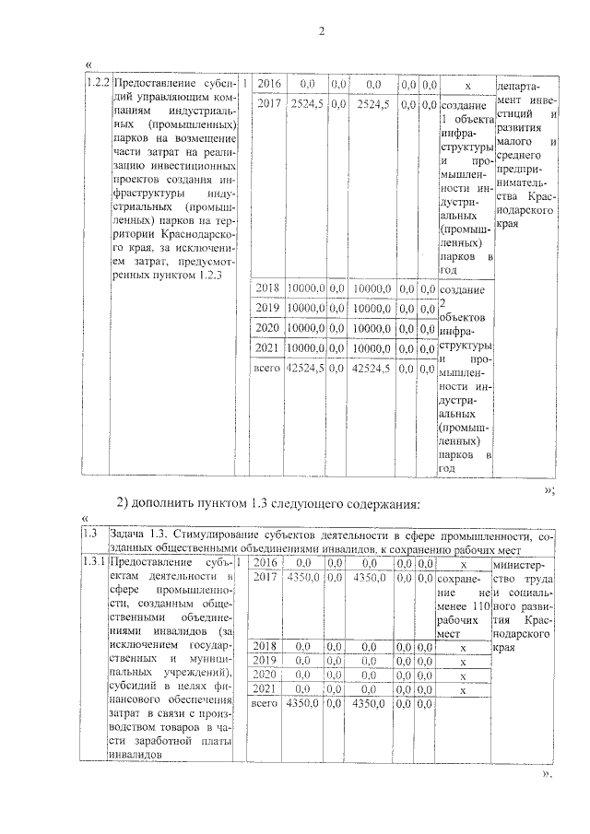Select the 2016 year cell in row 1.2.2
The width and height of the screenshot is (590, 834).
point(268,84)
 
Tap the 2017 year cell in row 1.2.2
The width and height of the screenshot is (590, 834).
point(268,104)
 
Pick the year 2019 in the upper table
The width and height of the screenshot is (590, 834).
point(267,307)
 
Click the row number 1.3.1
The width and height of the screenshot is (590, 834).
point(93,561)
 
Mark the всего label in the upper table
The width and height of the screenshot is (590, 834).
point(266,368)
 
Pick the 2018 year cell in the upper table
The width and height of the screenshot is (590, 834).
point(267,288)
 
